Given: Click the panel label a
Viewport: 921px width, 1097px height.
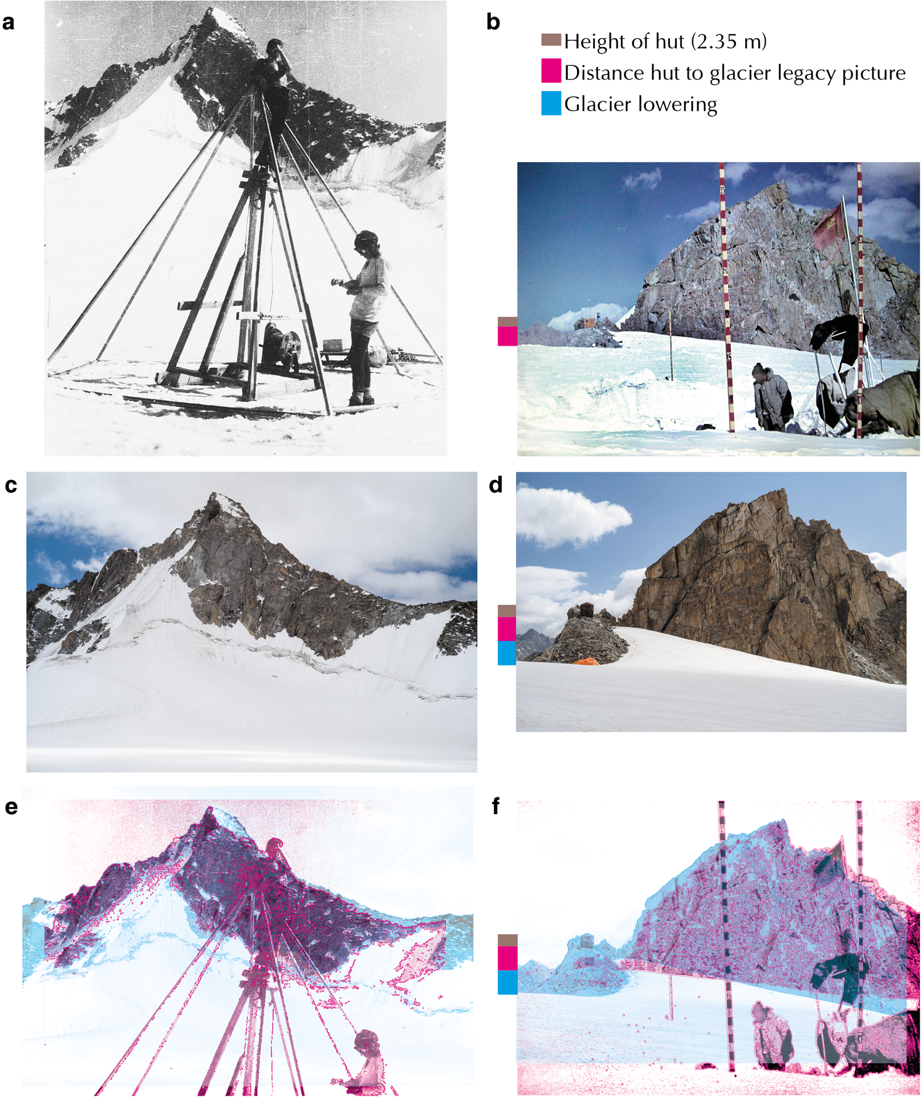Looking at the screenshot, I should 9,23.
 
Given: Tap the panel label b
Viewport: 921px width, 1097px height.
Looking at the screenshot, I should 493,23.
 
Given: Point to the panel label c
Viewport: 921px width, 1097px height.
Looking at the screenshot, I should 10,486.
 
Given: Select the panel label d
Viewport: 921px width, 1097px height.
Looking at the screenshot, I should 496,486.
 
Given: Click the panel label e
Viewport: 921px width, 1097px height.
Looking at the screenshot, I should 11,807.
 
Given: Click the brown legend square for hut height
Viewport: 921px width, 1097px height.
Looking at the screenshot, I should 551,40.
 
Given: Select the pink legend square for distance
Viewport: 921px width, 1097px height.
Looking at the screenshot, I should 551,71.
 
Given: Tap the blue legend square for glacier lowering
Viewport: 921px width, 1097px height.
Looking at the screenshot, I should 551,104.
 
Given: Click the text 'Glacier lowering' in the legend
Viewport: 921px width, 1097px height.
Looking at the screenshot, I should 641,104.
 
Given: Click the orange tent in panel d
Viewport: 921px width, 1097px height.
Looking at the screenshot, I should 586,661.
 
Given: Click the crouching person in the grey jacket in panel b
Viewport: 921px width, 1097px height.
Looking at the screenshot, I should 771,394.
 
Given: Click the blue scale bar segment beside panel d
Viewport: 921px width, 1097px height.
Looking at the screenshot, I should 507,653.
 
